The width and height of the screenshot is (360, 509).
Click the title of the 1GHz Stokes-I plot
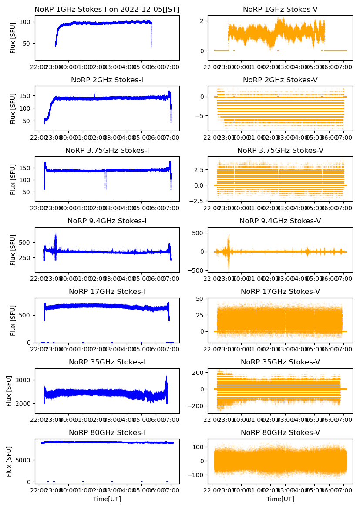tap(107, 9)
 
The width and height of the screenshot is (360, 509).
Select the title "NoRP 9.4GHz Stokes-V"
tap(280, 221)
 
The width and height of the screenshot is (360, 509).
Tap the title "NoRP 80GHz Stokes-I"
tap(107, 433)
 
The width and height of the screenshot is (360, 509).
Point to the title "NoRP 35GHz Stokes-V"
tap(280, 362)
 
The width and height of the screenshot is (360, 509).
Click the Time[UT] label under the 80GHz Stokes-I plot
tap(107, 499)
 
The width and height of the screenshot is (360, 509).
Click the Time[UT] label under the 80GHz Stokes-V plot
tap(280, 499)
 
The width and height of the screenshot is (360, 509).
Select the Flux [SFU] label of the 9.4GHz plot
tap(13, 249)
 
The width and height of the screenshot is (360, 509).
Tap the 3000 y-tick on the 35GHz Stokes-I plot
tap(24, 380)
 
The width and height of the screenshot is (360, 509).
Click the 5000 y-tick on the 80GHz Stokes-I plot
tap(24, 460)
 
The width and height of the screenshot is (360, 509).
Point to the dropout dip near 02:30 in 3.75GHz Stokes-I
tap(105, 181)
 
